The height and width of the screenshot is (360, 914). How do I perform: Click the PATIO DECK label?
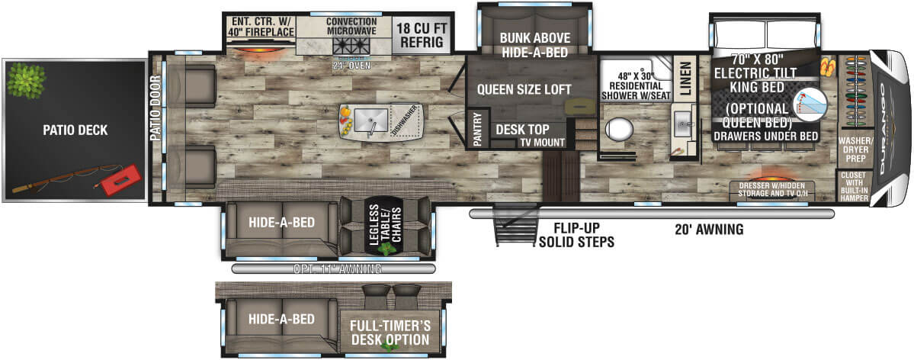tap(75, 130)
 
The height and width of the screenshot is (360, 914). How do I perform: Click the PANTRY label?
tap(476, 129)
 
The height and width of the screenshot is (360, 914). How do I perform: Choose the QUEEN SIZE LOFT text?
tap(524, 89)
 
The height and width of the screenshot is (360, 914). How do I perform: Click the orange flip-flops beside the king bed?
tap(828, 68)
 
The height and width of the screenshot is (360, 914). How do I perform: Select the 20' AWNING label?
tap(708, 229)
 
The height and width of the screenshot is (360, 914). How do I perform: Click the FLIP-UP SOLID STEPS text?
tap(576, 236)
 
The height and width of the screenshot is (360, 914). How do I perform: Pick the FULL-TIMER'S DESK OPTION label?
tap(390, 332)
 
